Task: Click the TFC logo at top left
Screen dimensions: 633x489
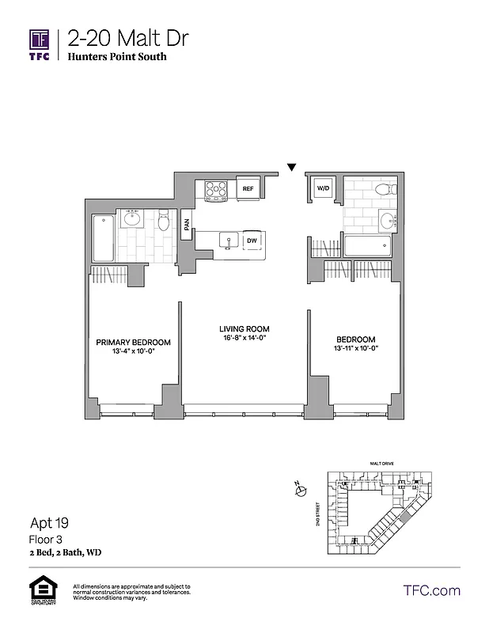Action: pos(40,44)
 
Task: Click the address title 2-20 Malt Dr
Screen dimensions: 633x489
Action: pos(128,38)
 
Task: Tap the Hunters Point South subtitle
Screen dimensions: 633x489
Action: pos(117,57)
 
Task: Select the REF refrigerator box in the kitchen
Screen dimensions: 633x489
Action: pos(247,188)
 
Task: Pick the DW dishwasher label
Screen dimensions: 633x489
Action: pos(252,241)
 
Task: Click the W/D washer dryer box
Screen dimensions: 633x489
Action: pos(323,189)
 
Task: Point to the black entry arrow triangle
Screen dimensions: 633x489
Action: pos(292,168)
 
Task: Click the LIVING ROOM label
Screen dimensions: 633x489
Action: pos(244,328)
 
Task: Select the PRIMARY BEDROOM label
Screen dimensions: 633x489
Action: pos(133,343)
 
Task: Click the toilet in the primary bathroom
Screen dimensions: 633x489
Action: pos(164,222)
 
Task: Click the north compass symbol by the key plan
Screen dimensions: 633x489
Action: pos(300,491)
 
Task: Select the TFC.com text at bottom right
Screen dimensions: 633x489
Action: pos(431,590)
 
